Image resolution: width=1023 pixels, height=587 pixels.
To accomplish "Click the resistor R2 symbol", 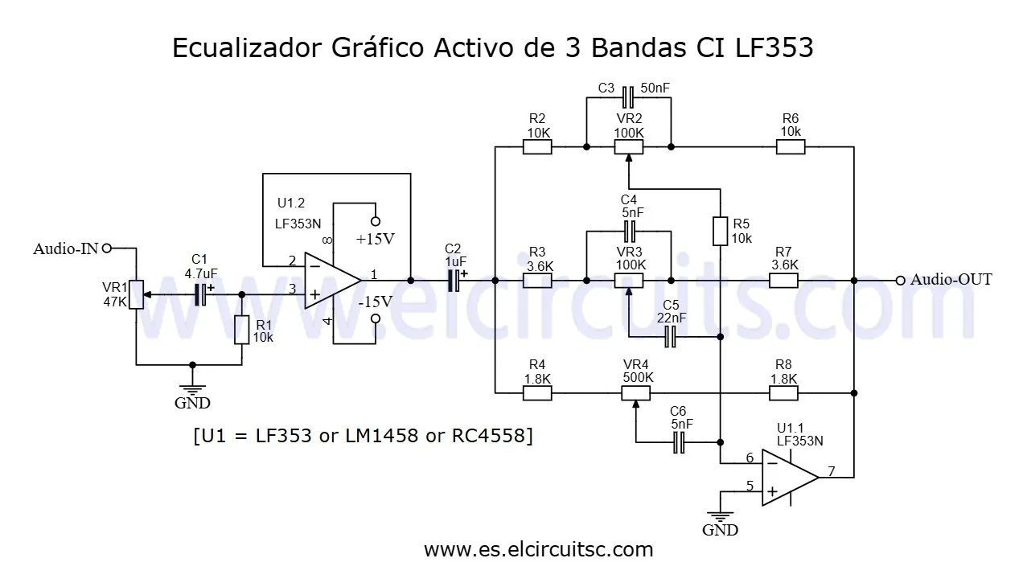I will coord(536,146).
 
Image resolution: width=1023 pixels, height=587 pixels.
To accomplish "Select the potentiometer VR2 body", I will coord(628,146).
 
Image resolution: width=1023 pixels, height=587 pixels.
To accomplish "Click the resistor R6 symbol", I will coord(790,146).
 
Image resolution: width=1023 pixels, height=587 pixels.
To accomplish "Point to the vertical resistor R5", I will coord(721,231).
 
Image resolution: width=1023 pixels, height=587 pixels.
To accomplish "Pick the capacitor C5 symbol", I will coord(672,339).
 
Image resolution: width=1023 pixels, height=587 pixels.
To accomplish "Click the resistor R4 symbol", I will coord(536,393).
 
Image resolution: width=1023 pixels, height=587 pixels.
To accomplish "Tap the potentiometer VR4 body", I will coord(635,393).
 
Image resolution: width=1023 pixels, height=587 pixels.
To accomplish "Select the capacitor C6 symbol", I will coord(679,441).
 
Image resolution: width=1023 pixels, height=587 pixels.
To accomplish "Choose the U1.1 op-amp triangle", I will coord(788,477).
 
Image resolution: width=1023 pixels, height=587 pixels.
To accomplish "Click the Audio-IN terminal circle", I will coord(106,248).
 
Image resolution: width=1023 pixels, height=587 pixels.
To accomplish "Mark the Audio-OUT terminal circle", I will coord(900,280).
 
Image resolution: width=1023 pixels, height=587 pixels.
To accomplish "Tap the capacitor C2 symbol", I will coord(454,280).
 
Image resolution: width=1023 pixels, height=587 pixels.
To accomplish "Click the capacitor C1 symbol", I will coord(200,294).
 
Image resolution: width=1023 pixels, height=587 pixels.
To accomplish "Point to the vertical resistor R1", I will coord(242,330).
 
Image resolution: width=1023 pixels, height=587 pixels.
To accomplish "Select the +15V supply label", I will coord(376,239).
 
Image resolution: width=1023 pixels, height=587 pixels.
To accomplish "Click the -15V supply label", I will coord(375,302).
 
